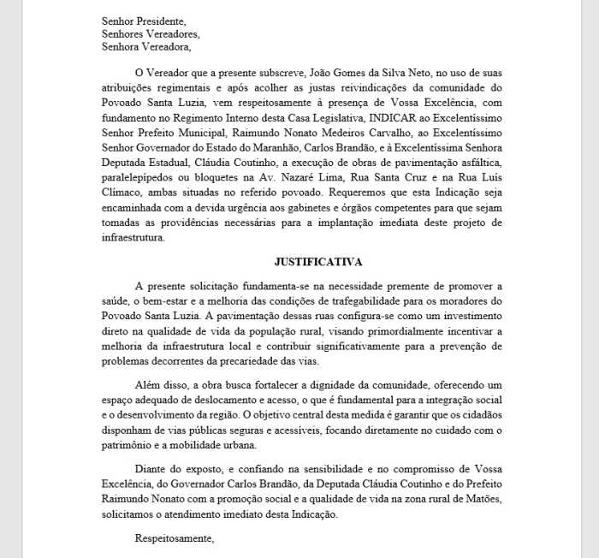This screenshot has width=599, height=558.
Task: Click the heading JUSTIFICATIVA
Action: (317, 261)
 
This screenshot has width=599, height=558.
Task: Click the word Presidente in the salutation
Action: (160, 20)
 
